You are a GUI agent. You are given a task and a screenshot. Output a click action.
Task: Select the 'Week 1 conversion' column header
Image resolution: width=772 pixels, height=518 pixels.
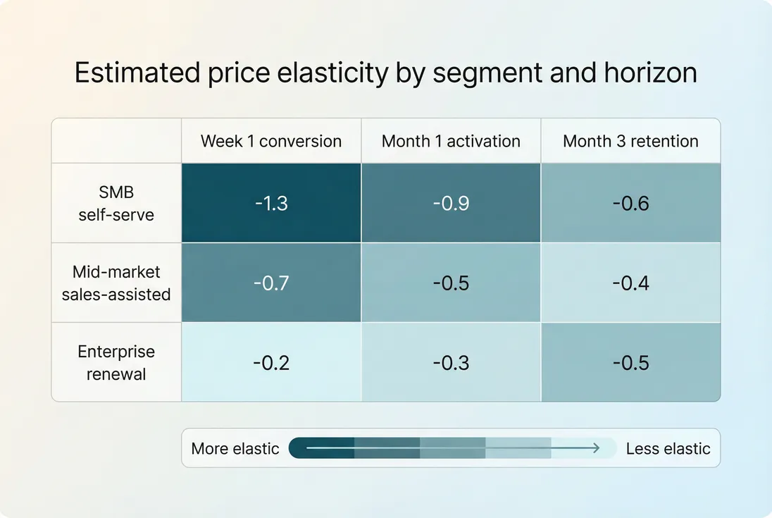[x=271, y=141]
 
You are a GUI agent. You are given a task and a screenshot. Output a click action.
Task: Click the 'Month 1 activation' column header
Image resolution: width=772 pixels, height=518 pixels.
[x=451, y=141]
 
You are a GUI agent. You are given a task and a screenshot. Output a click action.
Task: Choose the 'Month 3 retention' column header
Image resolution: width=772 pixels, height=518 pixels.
[x=630, y=141]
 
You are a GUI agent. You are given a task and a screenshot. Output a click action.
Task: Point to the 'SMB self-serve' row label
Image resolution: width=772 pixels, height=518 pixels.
[x=116, y=203]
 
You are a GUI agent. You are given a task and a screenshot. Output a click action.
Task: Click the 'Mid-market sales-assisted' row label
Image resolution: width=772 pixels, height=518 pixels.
[x=116, y=283]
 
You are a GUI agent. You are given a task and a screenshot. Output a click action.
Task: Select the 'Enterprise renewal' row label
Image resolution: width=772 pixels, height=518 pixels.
[x=116, y=362]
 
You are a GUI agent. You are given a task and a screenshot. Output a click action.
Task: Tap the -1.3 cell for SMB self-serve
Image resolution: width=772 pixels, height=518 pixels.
[x=271, y=203]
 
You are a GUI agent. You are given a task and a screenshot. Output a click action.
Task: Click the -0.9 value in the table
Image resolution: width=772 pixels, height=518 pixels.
[x=451, y=203]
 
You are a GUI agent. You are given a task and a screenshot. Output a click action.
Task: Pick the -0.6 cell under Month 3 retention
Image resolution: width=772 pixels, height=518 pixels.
[x=630, y=203]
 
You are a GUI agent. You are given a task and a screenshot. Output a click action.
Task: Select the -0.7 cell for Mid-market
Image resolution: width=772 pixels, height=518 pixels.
[x=271, y=283]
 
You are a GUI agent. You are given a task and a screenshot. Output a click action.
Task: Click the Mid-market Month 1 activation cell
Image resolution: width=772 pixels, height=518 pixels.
[x=451, y=283]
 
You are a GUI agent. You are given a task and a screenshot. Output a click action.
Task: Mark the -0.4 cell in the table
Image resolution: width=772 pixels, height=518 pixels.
[x=630, y=283]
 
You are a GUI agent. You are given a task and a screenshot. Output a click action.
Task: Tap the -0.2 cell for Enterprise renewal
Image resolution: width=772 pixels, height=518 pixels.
[x=271, y=362]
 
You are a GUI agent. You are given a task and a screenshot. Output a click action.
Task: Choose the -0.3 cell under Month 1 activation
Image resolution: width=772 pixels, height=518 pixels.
[x=451, y=362]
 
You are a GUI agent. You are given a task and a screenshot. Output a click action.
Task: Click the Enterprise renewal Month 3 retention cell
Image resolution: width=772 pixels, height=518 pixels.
[x=630, y=362]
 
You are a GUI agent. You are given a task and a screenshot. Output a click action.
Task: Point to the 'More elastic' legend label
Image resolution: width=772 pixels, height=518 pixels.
[x=235, y=448]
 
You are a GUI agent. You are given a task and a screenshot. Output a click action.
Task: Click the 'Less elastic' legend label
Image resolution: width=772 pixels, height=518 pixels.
[x=668, y=448]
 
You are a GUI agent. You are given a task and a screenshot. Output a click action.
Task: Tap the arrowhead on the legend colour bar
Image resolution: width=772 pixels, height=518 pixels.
[x=596, y=448]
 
